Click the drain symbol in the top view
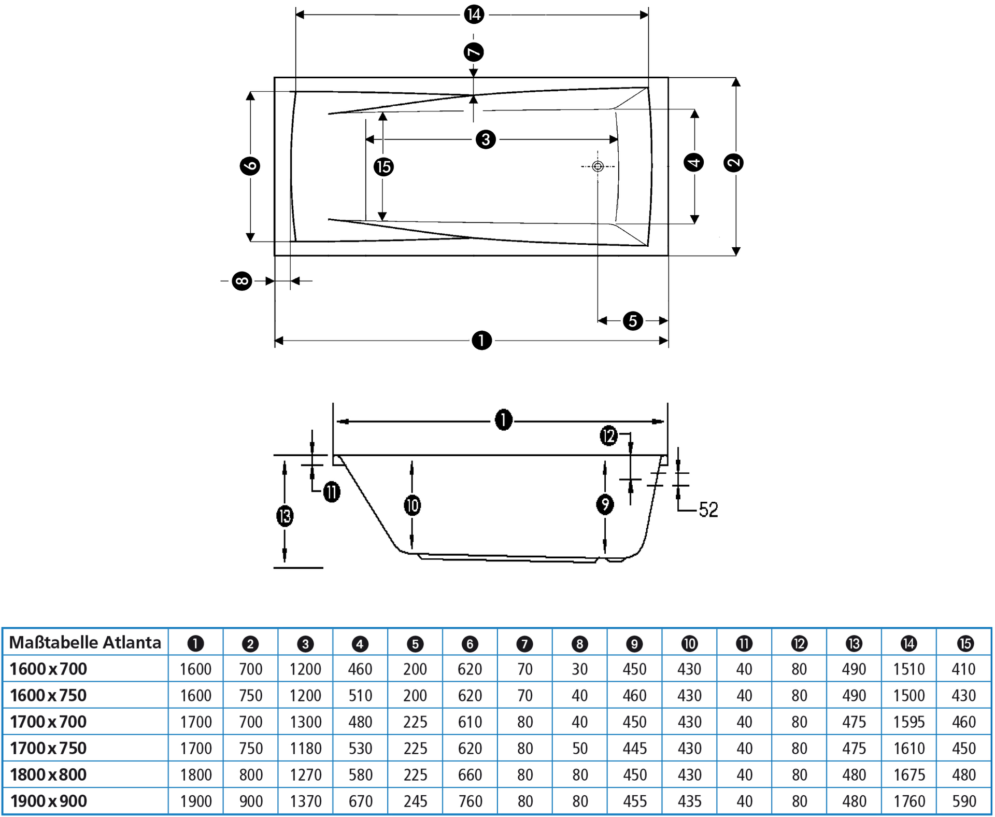coord(598,166)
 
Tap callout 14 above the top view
coord(474,14)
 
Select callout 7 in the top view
coord(473,52)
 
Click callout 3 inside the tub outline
coord(486,139)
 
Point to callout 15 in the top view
coord(383,167)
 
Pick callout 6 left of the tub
coord(250,166)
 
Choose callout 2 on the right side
coord(733,163)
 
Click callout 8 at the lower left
coord(241,281)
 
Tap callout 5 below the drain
coord(633,321)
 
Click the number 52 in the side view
coord(708,510)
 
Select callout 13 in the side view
coord(285,516)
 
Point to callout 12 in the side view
coord(608,435)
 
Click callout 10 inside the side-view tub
coord(412,505)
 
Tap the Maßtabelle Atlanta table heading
coord(85,643)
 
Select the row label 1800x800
coord(48,774)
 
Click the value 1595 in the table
coord(908,722)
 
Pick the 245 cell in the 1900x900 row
coord(415,801)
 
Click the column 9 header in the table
coord(634,644)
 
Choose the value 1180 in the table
coord(305,748)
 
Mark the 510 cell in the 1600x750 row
coord(360,695)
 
